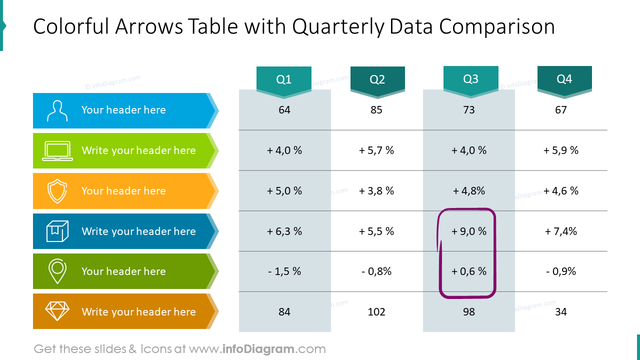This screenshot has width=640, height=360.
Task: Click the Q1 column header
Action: (284, 79)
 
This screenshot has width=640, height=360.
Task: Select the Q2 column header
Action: (377, 79)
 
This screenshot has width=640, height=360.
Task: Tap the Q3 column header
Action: (470, 79)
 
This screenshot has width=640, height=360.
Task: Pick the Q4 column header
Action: (564, 79)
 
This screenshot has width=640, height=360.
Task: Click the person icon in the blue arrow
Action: (57, 110)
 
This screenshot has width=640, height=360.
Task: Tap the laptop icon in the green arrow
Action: (57, 151)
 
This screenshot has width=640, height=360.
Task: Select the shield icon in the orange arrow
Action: (57, 191)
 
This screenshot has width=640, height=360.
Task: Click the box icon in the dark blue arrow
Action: (57, 231)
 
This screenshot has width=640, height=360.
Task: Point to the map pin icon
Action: (57, 271)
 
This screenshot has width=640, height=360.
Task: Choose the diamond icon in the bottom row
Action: (57, 311)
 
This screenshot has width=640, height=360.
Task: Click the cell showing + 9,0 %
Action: (469, 231)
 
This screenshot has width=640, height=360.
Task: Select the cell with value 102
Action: (376, 312)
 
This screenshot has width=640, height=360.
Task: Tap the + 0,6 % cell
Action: (469, 271)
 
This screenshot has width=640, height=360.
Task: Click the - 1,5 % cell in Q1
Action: (284, 271)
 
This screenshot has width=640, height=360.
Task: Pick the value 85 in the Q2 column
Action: (376, 110)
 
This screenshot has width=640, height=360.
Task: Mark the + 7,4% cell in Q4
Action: (561, 231)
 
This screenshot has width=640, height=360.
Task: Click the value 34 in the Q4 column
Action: (561, 312)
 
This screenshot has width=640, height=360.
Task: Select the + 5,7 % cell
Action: (376, 150)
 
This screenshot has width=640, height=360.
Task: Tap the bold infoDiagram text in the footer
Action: (258, 349)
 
